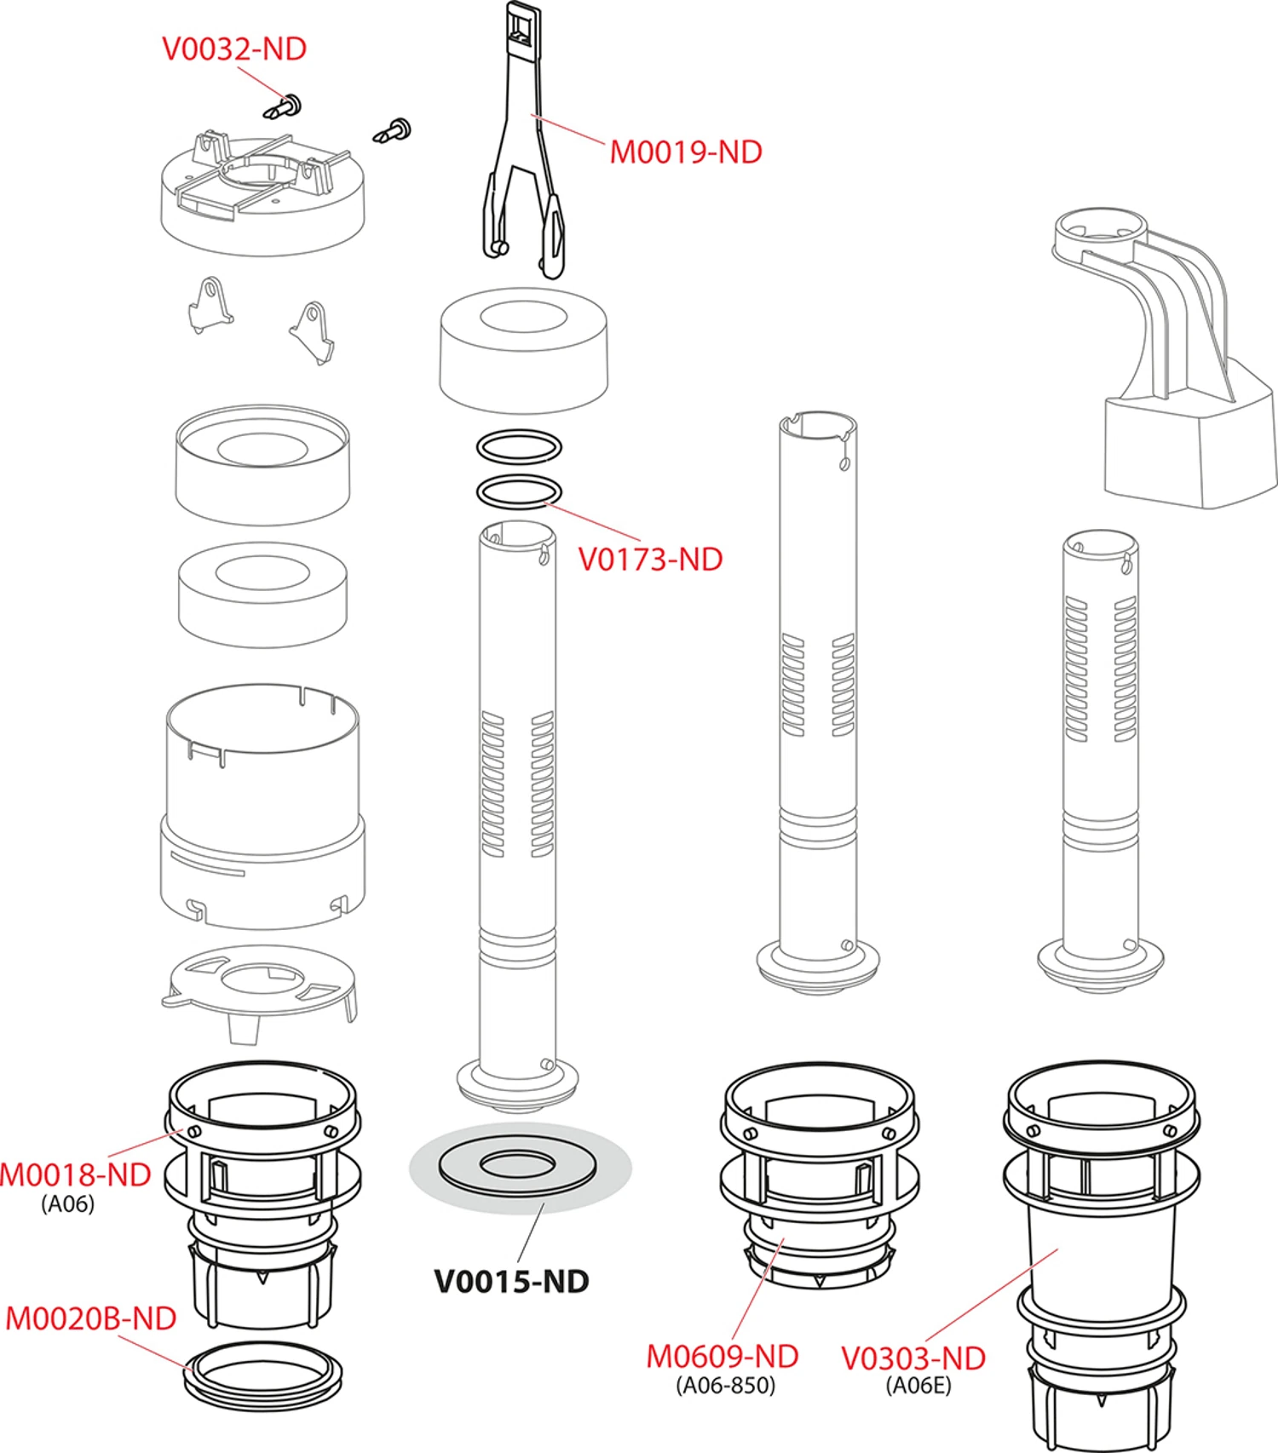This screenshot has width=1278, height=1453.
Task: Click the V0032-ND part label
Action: [x=234, y=49]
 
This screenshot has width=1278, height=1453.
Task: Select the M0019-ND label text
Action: [x=686, y=152]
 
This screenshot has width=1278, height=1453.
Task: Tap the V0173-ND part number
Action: [x=650, y=560]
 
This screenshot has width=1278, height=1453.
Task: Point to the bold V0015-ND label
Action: [x=511, y=1281]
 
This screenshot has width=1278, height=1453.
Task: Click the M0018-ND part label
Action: [x=75, y=1174]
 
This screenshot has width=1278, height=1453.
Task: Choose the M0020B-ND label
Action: [x=90, y=1318]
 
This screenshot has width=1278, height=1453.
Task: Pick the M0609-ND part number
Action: [x=722, y=1356]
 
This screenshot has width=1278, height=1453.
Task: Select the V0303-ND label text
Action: [x=913, y=1358]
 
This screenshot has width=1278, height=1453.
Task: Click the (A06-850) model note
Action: [x=726, y=1386]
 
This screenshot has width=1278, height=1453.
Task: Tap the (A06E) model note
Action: [x=918, y=1386]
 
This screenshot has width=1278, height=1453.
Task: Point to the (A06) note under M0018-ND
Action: [x=68, y=1203]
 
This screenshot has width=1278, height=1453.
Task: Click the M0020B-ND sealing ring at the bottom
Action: [x=263, y=1375]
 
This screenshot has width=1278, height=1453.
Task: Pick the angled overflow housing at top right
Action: [x=1176, y=366]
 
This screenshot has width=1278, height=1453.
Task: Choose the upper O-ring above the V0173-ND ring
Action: [x=519, y=446]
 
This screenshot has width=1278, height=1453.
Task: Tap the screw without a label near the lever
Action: [x=394, y=131]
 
